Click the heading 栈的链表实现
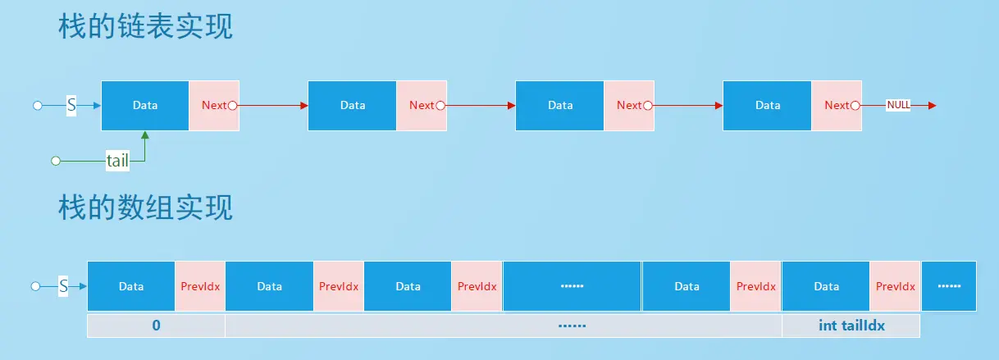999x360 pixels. click(145, 26)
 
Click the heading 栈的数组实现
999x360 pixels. click(145, 207)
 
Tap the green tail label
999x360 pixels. click(117, 161)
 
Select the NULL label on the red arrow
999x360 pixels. click(898, 105)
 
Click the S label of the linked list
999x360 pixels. click(71, 105)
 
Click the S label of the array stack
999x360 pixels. click(63, 286)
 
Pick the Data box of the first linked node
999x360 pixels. click(145, 105)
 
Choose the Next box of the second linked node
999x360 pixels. click(422, 105)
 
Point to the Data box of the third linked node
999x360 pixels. click(560, 105)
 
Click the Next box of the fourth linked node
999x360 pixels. click(837, 105)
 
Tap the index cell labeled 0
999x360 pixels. click(156, 326)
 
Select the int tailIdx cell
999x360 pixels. click(851, 326)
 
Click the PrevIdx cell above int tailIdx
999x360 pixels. click(895, 286)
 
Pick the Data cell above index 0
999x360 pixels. click(131, 286)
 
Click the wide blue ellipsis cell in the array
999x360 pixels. click(572, 286)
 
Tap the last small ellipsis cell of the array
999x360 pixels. click(949, 286)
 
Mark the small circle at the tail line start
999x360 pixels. click(56, 161)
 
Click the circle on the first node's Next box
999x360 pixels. click(233, 105)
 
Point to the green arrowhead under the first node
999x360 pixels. click(145, 134)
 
